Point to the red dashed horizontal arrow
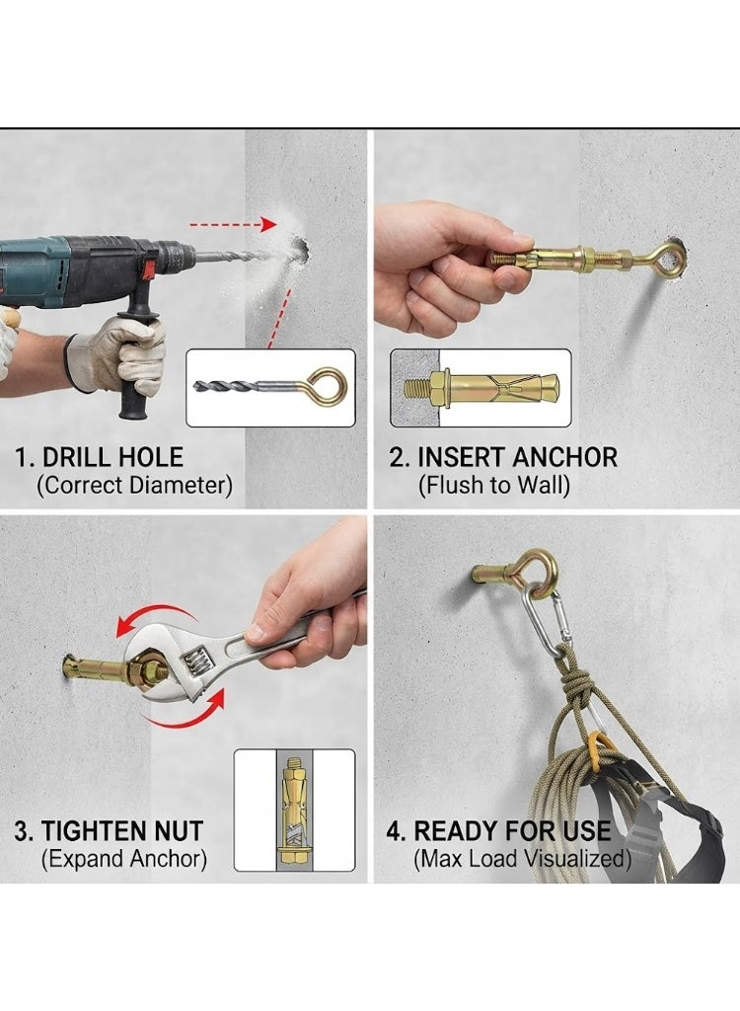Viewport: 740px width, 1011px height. coord(233,224)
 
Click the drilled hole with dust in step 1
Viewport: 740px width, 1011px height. coord(298,250)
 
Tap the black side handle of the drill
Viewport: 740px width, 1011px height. coord(137,361)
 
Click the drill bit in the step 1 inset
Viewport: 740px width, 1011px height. coord(226,386)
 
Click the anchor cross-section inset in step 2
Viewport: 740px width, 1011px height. coord(481,387)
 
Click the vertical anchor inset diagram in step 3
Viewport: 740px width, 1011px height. coord(294,810)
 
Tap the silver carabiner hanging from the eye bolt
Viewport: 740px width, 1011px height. coord(546,620)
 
